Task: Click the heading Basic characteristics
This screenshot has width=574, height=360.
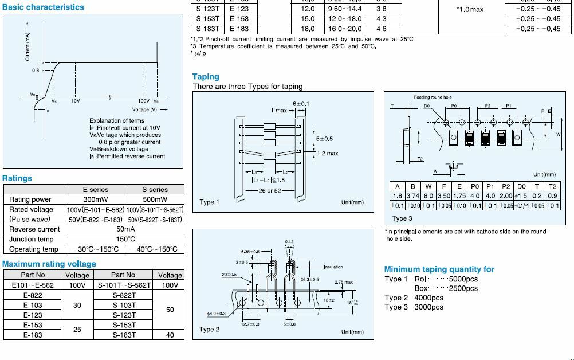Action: [x=43, y=7]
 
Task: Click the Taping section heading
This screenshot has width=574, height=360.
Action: [x=206, y=76]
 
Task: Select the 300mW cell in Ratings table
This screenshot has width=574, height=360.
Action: [x=95, y=199]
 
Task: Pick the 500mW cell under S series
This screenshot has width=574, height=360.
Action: [x=155, y=199]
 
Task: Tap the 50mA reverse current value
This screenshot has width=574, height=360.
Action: [x=124, y=229]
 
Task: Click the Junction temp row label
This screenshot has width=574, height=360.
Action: [x=32, y=239]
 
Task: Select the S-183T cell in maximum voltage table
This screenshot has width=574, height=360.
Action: [x=124, y=335]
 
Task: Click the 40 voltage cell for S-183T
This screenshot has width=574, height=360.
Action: [x=170, y=335]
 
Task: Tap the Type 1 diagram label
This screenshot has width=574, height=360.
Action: [x=209, y=202]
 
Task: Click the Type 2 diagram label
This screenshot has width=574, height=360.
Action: [x=209, y=330]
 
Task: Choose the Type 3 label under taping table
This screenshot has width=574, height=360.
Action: [x=402, y=218]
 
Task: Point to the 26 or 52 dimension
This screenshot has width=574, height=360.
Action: [x=270, y=190]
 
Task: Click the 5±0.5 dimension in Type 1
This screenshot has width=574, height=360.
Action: [x=324, y=139]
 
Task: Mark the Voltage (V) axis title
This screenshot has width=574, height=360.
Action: [x=144, y=109]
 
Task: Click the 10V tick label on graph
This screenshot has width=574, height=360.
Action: [x=75, y=100]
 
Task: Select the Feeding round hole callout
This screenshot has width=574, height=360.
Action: [x=433, y=97]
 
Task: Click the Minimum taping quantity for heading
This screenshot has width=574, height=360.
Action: [x=439, y=269]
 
